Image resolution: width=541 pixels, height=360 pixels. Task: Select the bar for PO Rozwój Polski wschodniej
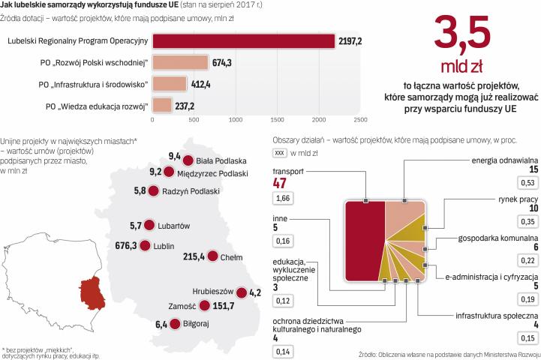click(179, 61)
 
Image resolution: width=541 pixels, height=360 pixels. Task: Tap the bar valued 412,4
click(169, 82)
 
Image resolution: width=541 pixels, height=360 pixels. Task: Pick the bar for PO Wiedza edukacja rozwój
click(161, 104)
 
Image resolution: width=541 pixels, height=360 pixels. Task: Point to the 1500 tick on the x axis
click(276, 118)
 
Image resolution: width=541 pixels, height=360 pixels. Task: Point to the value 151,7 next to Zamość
click(224, 327)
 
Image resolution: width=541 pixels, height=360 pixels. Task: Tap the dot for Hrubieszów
click(241, 314)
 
